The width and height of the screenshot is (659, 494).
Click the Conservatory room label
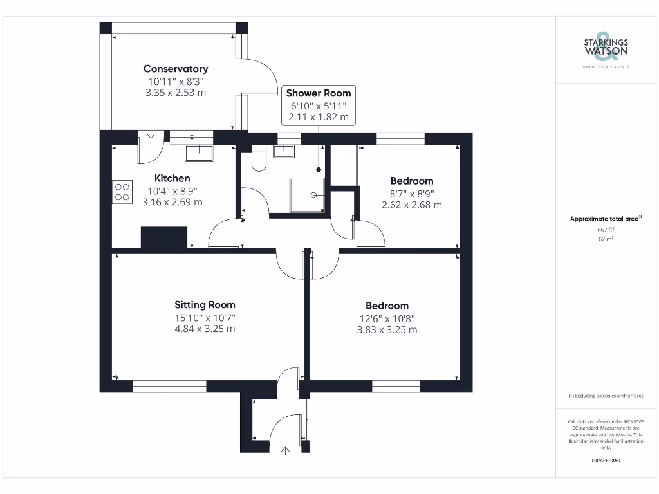(176, 69)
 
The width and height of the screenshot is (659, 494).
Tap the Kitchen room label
(172, 178)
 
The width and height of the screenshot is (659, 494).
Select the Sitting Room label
(205, 305)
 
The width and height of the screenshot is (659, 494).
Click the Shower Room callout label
(319, 93)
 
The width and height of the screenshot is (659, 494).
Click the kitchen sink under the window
(199, 152)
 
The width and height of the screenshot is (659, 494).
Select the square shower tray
(306, 195)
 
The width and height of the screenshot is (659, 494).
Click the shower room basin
(283, 151)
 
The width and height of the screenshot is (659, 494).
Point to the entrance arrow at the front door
(286, 451)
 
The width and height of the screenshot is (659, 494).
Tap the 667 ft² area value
(605, 229)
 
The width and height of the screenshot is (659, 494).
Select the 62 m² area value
(605, 239)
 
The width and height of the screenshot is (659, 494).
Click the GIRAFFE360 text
(605, 461)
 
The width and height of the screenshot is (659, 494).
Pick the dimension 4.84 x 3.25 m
(205, 329)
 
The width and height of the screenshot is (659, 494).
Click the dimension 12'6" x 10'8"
(387, 318)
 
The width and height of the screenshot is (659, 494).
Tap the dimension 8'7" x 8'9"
(411, 193)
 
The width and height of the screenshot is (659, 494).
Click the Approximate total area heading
(604, 219)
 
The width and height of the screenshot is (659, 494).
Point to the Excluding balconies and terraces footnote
(605, 396)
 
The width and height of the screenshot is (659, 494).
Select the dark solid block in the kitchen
(164, 237)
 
